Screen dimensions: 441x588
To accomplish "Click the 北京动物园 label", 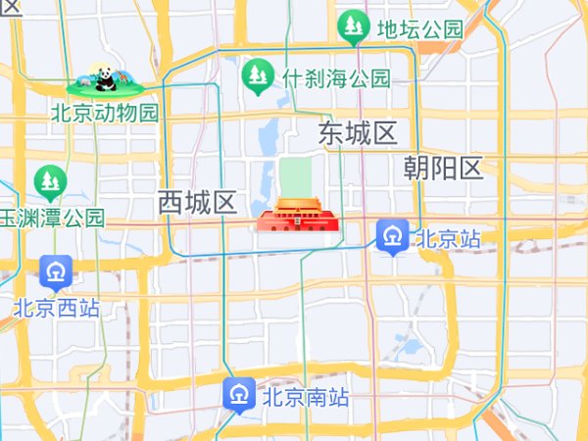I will pos(105,113).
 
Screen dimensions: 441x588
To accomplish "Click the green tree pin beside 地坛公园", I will pos(353,25).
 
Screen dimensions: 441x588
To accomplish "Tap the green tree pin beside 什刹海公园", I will pos(258,75).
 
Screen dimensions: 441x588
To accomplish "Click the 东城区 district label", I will pos(358,133).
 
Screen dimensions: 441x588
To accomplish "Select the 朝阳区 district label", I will pos(444,169).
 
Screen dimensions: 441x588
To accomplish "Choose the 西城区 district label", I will pos(198,203).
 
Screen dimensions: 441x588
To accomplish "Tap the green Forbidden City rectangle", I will pos(295,176).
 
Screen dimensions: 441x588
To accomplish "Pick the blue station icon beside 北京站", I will pos(393,235).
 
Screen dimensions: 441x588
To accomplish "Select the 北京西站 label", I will pos(57,308).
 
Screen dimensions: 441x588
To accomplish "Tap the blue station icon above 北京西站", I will pos(56,271).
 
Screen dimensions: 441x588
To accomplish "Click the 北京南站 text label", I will pos(306,398).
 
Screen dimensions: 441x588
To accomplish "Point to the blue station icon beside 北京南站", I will pos(239,394).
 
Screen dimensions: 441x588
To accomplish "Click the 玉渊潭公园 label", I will pos(51,218).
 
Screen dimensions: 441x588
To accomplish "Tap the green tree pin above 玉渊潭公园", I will pos(49,181).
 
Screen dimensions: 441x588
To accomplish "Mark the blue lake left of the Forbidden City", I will pos(265,147).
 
